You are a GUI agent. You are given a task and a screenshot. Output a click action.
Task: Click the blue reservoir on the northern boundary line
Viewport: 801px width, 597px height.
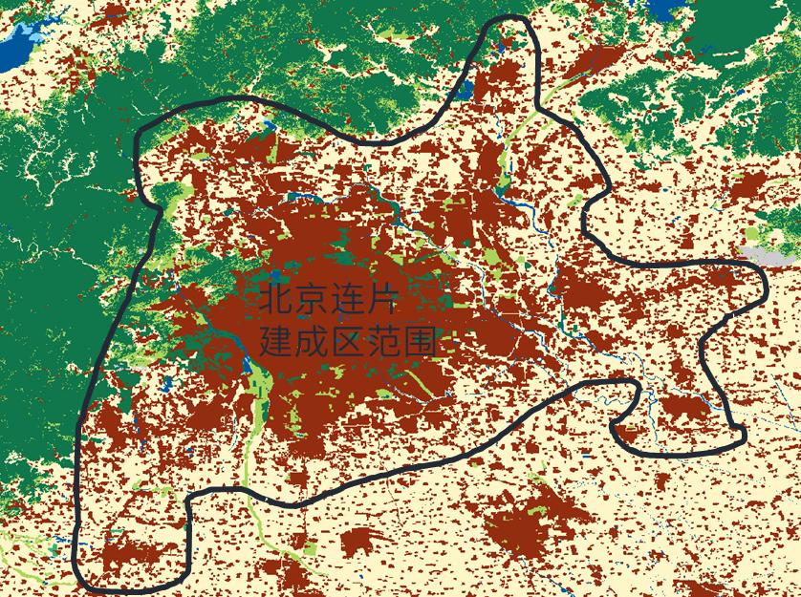pyautogui.click(x=465, y=92)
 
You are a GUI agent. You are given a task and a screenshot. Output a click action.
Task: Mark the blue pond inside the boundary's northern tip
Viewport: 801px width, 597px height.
pyautogui.click(x=505, y=41)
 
